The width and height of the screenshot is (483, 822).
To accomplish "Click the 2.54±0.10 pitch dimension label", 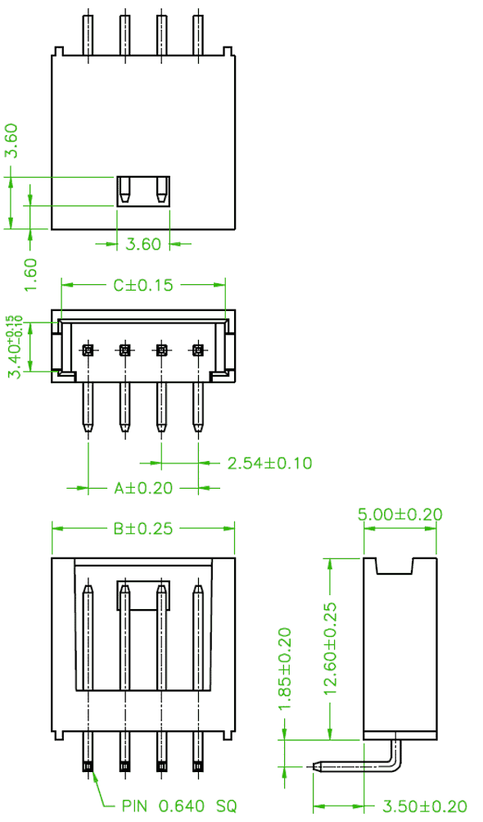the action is (x=269, y=463).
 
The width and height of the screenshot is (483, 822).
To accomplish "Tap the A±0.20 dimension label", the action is (x=143, y=488).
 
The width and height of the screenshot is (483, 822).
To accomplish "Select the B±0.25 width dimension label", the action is (x=143, y=528).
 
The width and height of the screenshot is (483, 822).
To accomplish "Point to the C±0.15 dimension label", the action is (x=143, y=285).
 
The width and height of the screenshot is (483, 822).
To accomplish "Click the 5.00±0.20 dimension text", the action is (x=400, y=514).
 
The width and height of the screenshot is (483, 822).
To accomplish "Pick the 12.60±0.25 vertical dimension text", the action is (x=330, y=649).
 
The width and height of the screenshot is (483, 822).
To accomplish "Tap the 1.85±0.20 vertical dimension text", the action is (x=285, y=669).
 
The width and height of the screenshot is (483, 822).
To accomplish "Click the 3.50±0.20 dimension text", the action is (x=425, y=806).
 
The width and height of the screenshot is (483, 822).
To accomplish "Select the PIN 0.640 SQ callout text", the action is (x=179, y=806).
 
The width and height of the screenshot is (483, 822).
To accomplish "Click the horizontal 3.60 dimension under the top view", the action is (x=143, y=244).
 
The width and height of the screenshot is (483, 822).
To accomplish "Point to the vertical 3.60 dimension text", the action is (x=11, y=141).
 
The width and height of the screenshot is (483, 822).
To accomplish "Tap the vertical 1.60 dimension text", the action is (x=30, y=275).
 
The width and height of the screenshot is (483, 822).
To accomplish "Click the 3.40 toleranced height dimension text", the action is (x=14, y=346).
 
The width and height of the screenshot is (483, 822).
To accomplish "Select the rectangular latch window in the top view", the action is (x=143, y=192).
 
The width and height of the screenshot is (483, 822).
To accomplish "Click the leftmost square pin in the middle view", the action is (x=88, y=349).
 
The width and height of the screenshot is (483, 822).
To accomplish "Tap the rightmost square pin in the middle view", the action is (x=198, y=349).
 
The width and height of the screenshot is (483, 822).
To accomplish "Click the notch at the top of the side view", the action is (x=395, y=567).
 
